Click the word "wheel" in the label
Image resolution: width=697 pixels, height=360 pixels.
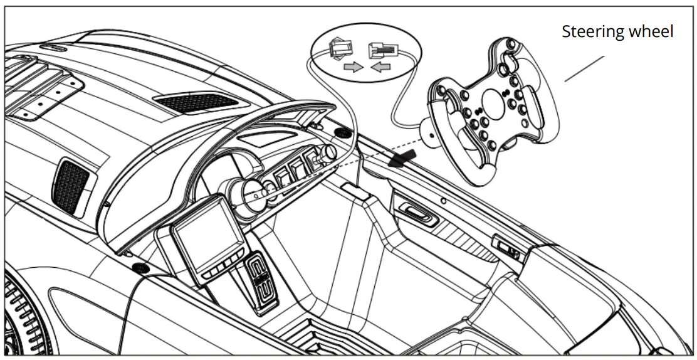point(652,31)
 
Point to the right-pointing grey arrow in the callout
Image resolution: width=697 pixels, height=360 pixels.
point(353,66)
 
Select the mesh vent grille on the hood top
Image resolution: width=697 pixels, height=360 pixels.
point(196,101)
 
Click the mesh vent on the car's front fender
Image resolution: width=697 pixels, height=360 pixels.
point(71,183)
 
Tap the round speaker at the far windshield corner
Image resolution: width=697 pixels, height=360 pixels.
point(343,133)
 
